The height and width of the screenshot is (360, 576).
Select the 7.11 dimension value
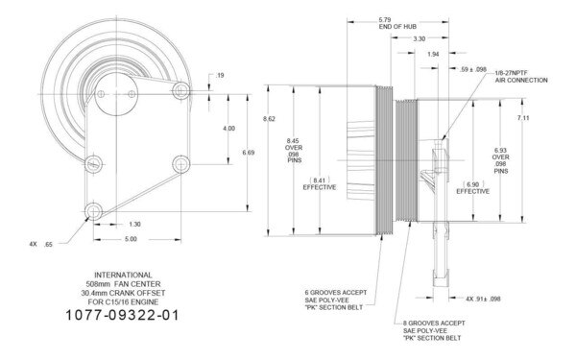click(x=523, y=117)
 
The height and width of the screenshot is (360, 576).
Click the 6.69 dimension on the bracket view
click(x=250, y=152)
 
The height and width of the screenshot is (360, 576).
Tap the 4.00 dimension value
click(x=228, y=128)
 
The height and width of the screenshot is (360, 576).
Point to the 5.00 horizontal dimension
click(x=131, y=238)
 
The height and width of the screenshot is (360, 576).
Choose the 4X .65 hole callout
click(x=42, y=245)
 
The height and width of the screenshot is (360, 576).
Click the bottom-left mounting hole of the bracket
click(x=92, y=210)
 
